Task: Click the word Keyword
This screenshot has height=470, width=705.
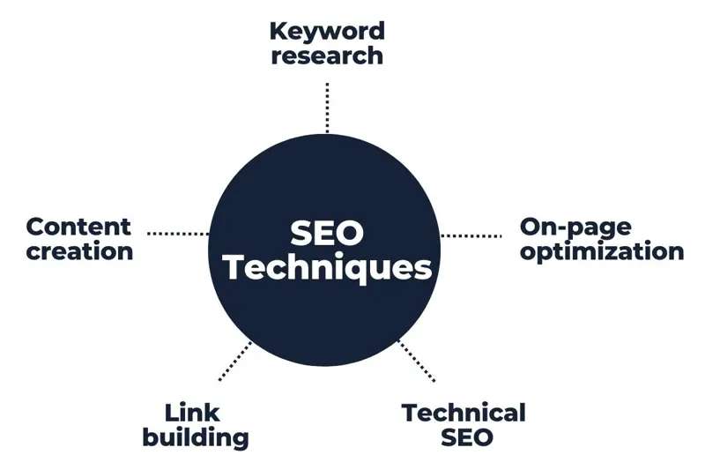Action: (327, 32)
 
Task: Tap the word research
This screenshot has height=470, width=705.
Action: (327, 56)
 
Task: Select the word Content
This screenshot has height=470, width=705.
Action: (78, 227)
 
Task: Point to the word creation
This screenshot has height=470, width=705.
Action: (79, 251)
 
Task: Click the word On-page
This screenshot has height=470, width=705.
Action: (575, 228)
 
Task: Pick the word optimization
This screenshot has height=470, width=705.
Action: (602, 252)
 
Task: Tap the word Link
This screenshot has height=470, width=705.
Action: (192, 413)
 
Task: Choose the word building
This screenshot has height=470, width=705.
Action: (196, 438)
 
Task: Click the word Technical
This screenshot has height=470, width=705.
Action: (464, 413)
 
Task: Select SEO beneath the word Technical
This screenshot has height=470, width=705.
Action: (467, 437)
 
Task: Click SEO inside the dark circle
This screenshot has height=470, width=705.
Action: (327, 234)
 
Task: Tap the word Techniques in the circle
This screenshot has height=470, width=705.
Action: (327, 268)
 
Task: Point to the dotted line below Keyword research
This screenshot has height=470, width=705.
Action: (327, 108)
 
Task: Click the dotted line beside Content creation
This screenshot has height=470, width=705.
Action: (178, 234)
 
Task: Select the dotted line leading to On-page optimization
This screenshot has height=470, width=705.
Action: (471, 235)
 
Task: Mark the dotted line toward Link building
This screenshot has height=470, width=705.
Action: (234, 362)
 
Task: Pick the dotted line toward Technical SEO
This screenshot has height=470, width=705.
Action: (417, 362)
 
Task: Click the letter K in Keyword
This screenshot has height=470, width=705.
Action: (279, 32)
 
